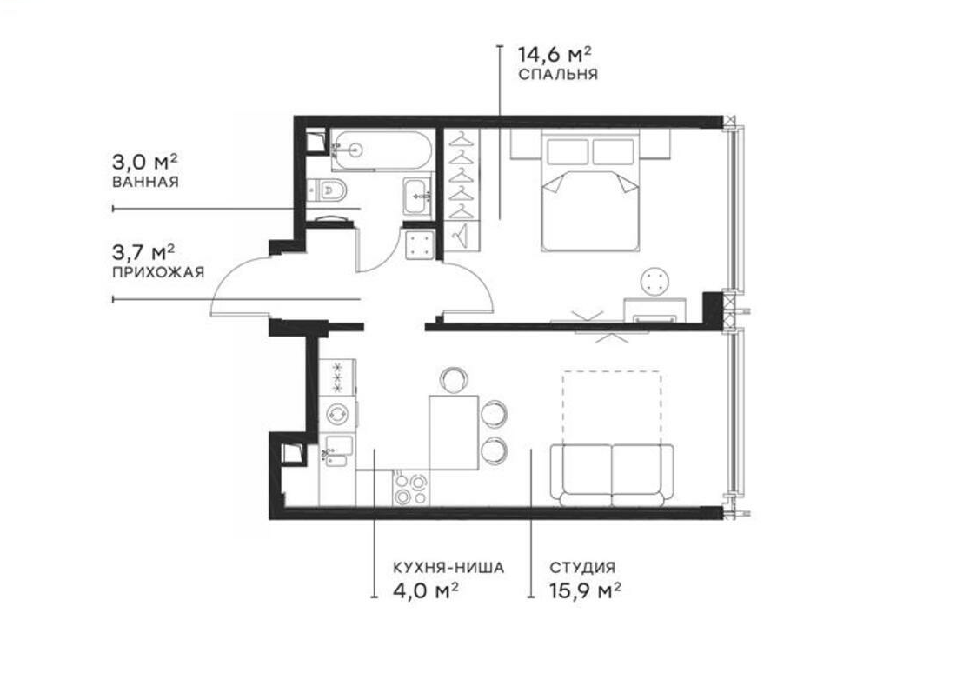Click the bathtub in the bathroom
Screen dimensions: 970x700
coord(381,150)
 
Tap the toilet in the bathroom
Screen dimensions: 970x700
coord(329,190)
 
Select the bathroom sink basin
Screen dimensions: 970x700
coord(416,196)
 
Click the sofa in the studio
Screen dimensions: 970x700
coord(611,473)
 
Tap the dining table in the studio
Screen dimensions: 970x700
coord(454,433)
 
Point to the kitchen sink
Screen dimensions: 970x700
coord(337,450)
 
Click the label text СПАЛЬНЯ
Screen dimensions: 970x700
coord(558,75)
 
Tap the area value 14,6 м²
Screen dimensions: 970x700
coord(555,54)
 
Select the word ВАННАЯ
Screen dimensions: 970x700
coord(145,182)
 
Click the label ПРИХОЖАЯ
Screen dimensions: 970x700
coord(158,272)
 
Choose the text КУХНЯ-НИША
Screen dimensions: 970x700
coord(448,568)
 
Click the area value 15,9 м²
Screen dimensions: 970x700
coord(585,590)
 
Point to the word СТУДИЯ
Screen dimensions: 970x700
coord(582,568)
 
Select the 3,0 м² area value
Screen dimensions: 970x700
coord(145,163)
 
